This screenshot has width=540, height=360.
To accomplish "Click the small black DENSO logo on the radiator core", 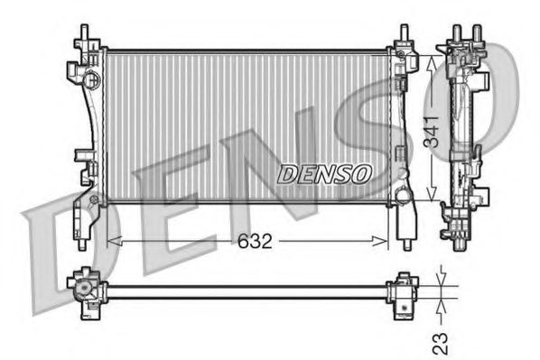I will tap(323, 173).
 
